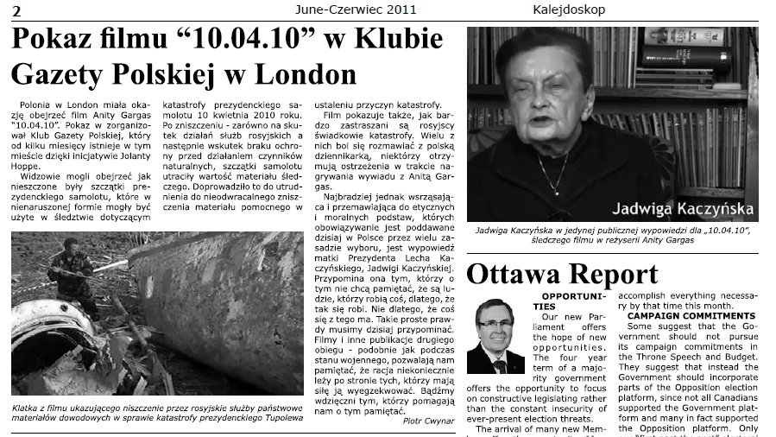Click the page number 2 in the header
(x=16, y=9)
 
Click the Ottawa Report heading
(x=562, y=274)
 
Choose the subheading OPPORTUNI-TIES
(x=556, y=301)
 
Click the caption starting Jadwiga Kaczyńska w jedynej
(x=612, y=235)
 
